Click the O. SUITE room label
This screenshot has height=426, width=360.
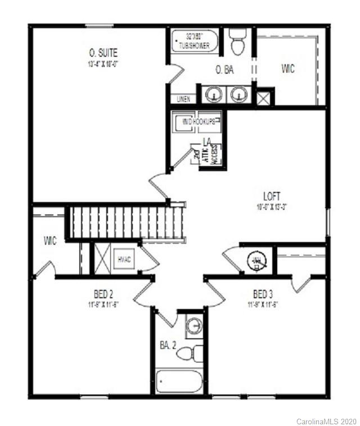pos(103,53)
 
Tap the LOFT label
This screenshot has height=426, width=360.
pos(271,196)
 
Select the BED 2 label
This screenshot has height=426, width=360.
pos(103,294)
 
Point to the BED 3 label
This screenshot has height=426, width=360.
pos(263,294)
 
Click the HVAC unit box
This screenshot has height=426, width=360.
pos(124,259)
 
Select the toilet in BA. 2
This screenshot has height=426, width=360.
pos(195,353)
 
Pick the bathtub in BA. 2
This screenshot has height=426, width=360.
pos(179,383)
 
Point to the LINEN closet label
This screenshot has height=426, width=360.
pos(183,99)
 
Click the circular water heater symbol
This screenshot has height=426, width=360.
pos(257,261)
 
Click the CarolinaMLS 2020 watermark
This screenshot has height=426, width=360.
pos(326,420)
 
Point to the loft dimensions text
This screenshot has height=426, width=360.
pos(271,207)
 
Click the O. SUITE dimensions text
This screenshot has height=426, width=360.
pos(103,63)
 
